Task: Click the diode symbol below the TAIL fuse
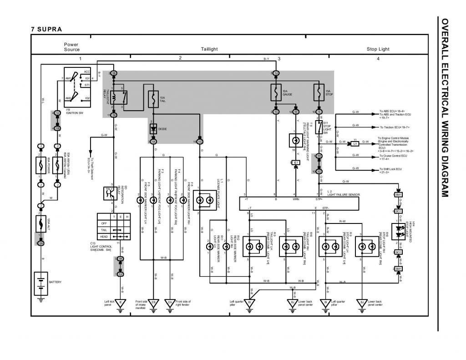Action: tap(153, 129)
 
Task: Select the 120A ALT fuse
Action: tap(41, 223)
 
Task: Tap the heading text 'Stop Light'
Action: tap(378, 49)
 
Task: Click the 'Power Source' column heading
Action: tap(71, 47)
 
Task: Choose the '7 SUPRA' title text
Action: tap(46, 29)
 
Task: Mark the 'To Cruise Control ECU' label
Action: tap(395, 156)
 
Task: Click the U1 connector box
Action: tap(355, 143)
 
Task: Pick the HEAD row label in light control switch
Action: tap(104, 237)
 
